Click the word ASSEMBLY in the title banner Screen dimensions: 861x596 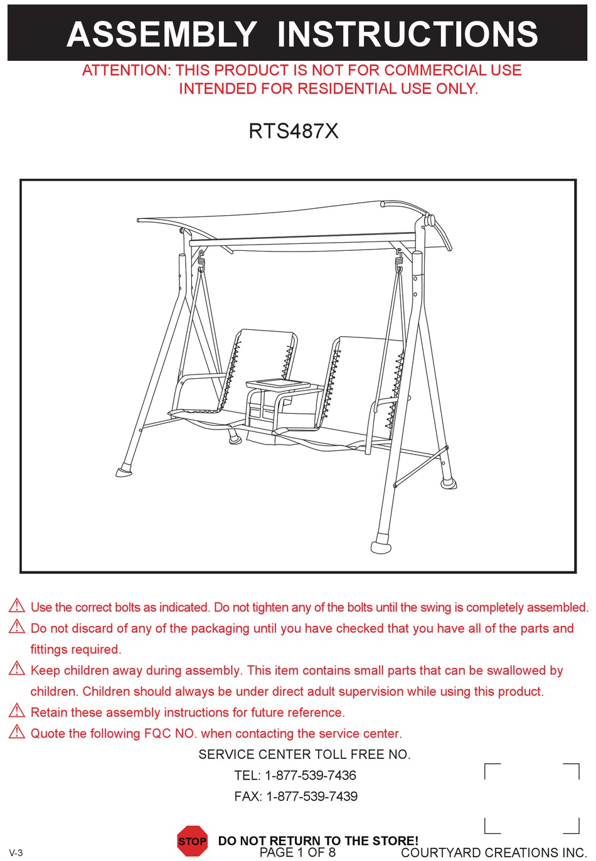(161, 34)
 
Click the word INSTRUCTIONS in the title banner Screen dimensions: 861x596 (407, 34)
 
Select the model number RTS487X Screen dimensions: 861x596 (294, 131)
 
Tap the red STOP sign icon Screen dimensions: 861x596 (192, 841)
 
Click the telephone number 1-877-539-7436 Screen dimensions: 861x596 (311, 775)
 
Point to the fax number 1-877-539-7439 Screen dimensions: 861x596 (312, 796)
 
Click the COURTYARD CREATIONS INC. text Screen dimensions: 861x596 (494, 853)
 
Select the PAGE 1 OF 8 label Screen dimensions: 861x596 (297, 853)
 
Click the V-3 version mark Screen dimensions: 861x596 (16, 853)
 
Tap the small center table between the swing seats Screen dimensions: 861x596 (278, 384)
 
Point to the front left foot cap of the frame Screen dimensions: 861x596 (124, 472)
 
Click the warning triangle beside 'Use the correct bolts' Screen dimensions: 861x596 (17, 606)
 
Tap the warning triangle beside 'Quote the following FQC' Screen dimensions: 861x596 (17, 732)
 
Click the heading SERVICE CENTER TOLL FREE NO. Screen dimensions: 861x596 (304, 754)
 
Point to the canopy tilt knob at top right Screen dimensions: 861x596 (430, 220)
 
